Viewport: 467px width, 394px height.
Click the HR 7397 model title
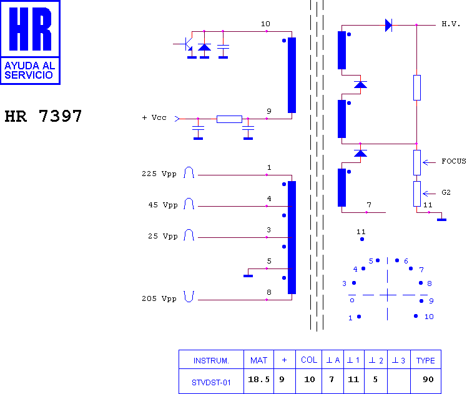(x=43, y=116)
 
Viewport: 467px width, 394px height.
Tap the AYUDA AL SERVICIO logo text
(x=30, y=71)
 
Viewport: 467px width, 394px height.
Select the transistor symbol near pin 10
(x=185, y=44)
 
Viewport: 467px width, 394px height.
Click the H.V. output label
(x=451, y=24)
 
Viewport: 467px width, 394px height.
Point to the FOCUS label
(x=454, y=161)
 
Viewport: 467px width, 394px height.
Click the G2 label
(x=446, y=192)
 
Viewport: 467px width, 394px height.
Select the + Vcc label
(x=154, y=117)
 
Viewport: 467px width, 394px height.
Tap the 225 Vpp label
(x=159, y=174)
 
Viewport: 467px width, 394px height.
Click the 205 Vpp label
(x=159, y=298)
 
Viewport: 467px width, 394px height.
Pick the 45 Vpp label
(x=162, y=205)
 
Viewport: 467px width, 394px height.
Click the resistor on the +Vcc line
(x=229, y=119)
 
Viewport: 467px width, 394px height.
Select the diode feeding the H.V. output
(x=389, y=26)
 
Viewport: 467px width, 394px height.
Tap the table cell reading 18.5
(x=258, y=380)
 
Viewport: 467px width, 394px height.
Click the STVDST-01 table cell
(x=211, y=382)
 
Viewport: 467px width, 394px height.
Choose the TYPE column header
(x=426, y=360)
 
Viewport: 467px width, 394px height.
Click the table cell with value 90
(x=428, y=380)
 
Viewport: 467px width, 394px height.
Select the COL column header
(x=309, y=360)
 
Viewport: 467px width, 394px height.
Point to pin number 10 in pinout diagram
(x=429, y=317)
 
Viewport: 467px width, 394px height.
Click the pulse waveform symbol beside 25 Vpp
(x=189, y=235)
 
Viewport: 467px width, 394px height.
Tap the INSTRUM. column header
(x=211, y=361)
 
